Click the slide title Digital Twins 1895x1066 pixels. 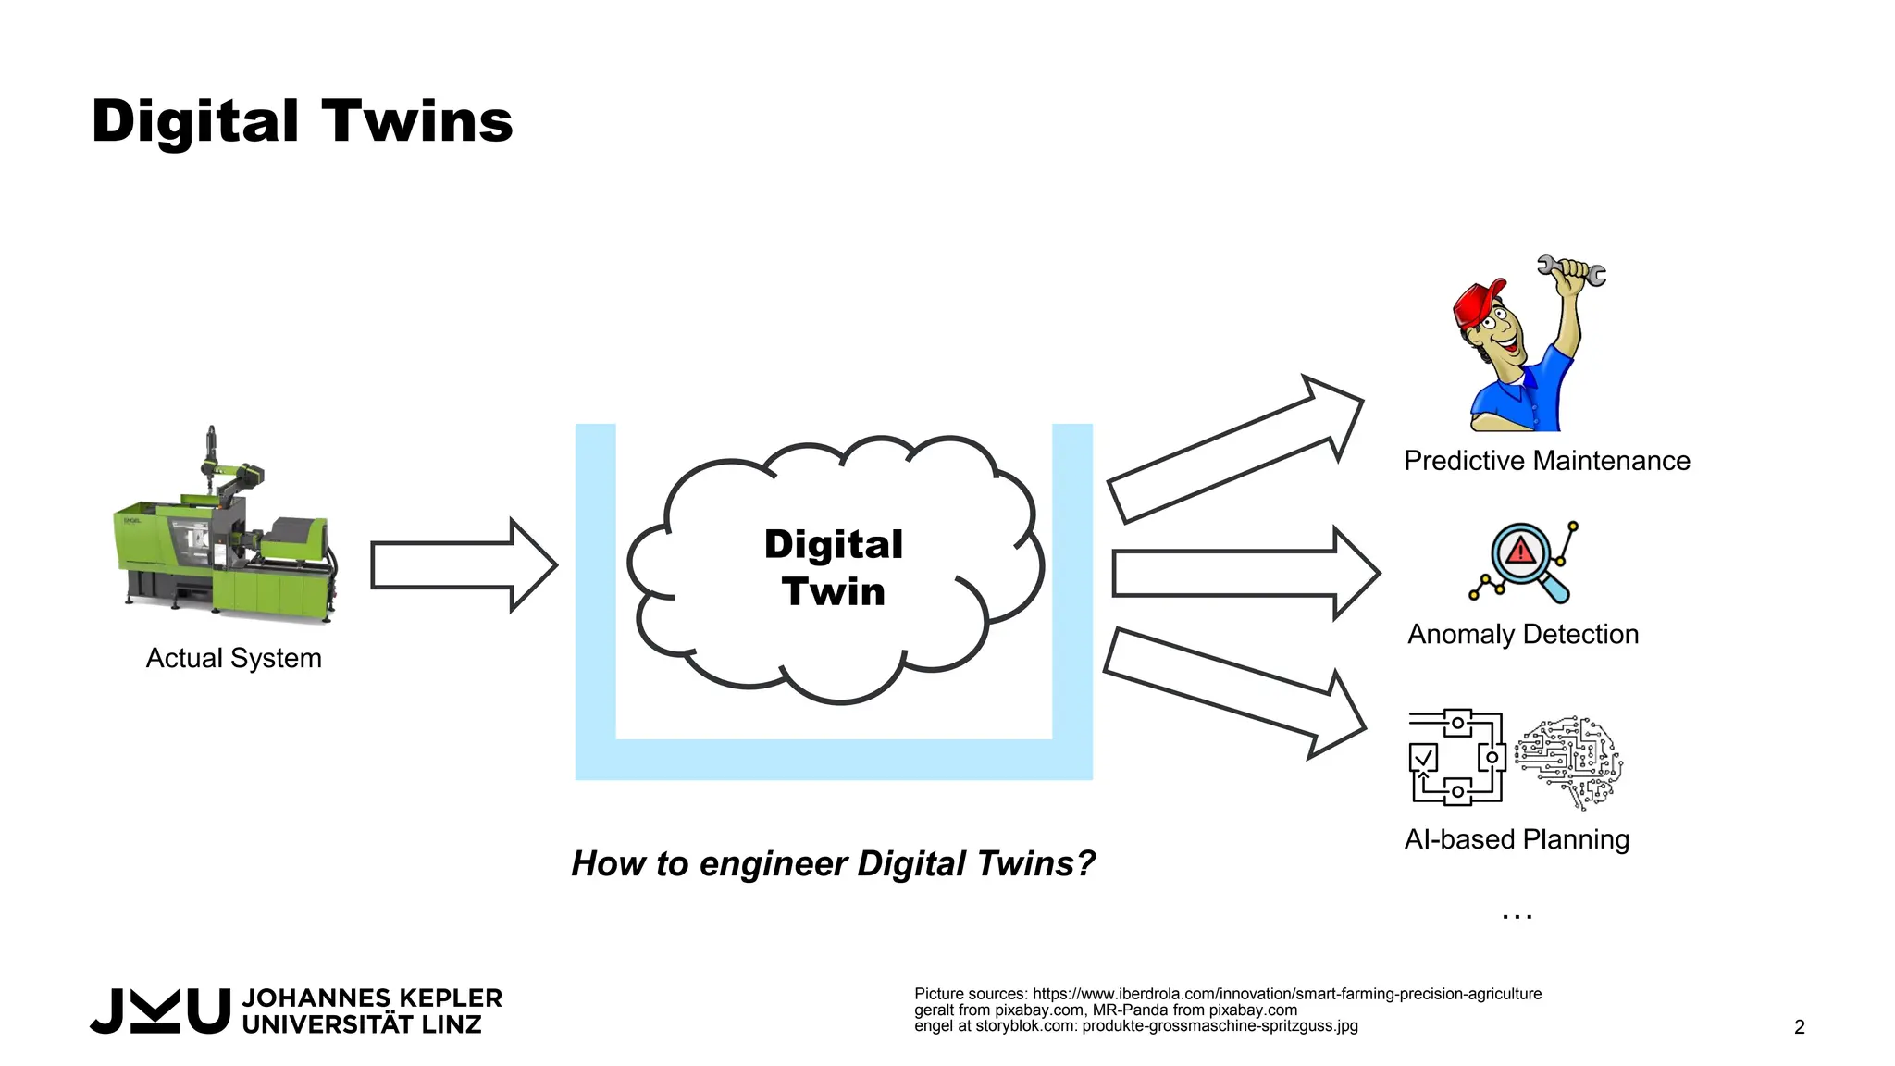pyautogui.click(x=302, y=121)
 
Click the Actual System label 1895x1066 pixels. pyautogui.click(x=234, y=658)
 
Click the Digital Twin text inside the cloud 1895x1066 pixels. pyautogui.click(x=833, y=567)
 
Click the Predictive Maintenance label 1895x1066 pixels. pyautogui.click(x=1546, y=461)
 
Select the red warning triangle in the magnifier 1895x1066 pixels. pyautogui.click(x=1520, y=552)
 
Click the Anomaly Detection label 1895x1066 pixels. pyautogui.click(x=1523, y=635)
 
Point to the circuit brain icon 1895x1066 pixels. pyautogui.click(x=1569, y=761)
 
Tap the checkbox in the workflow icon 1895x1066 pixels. pyautogui.click(x=1423, y=759)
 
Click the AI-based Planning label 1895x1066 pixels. pyautogui.click(x=1517, y=839)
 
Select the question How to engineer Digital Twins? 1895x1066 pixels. pyautogui.click(x=833, y=863)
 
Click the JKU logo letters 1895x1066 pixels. pyautogui.click(x=159, y=1010)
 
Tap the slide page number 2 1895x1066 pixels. pyautogui.click(x=1799, y=1027)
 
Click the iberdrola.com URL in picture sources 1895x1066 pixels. pyautogui.click(x=1287, y=994)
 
